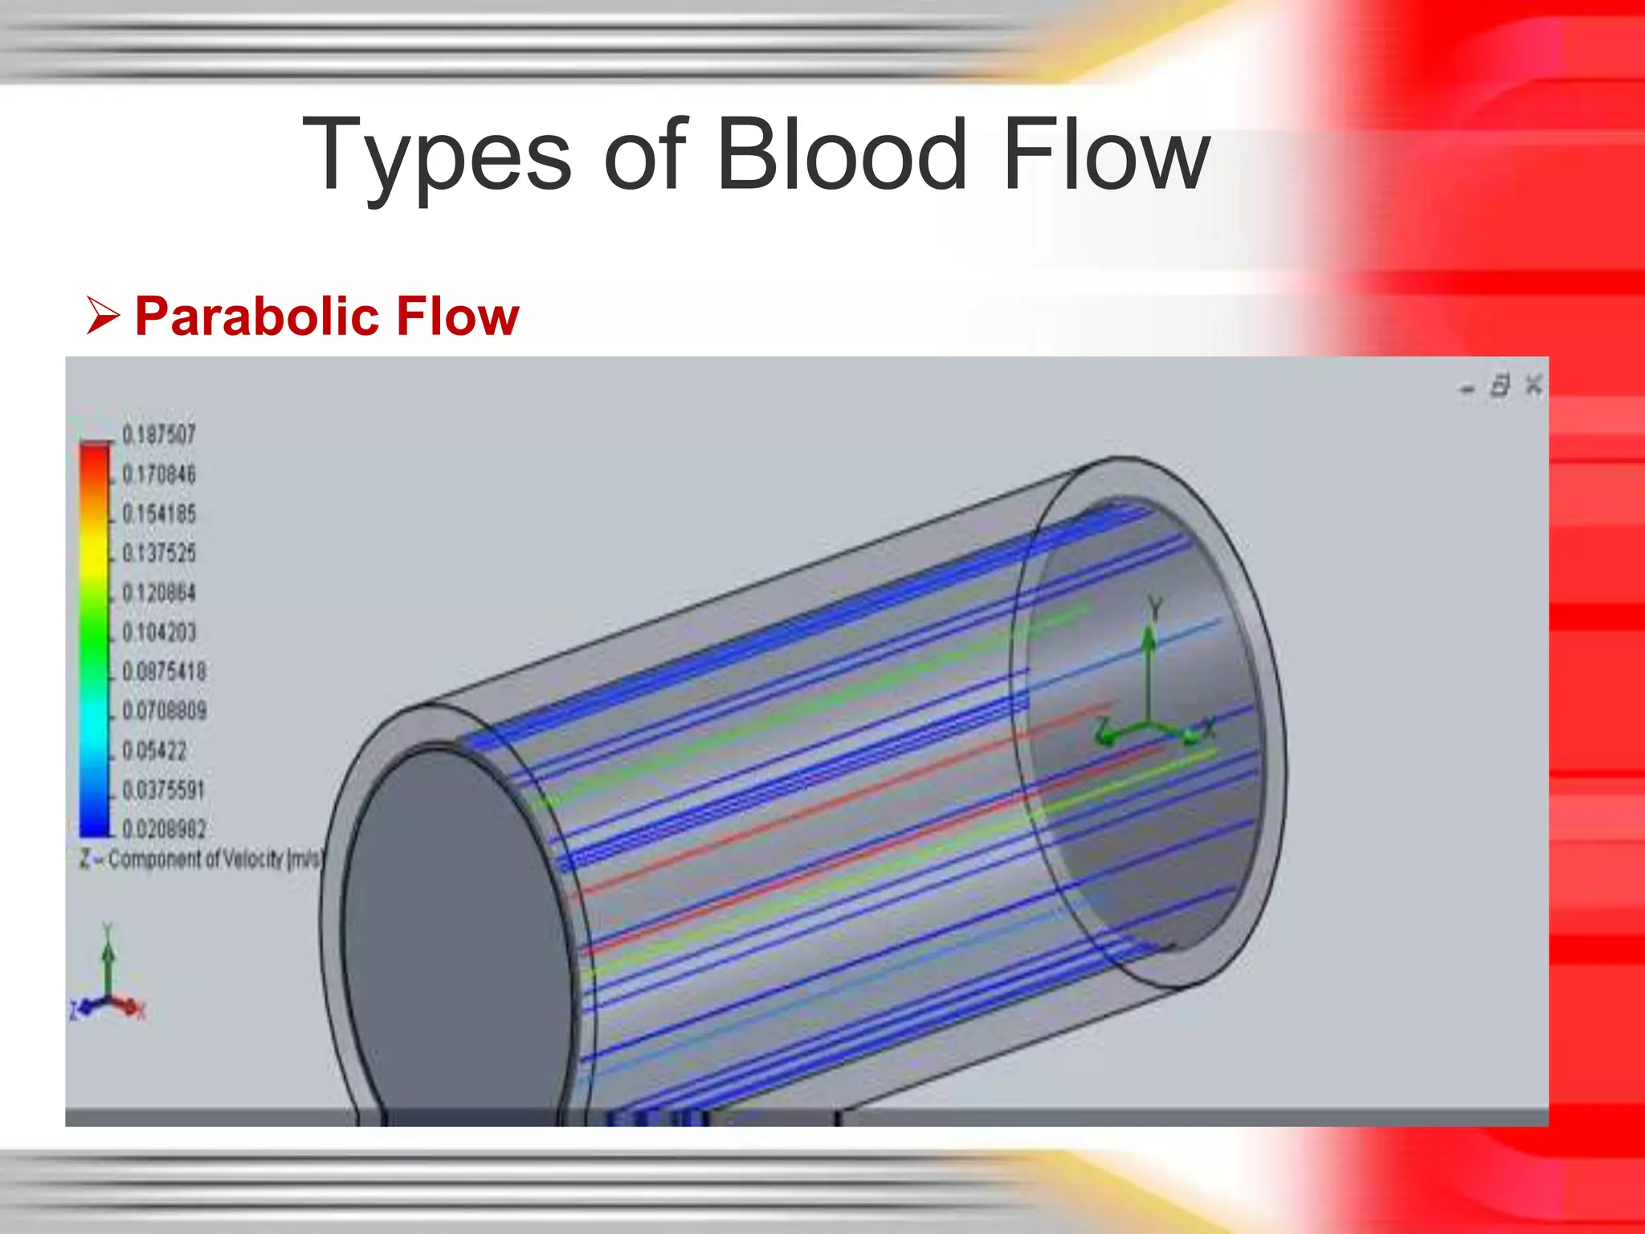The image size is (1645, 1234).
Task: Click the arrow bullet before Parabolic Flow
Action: click(103, 315)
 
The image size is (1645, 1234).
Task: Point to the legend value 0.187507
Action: click(159, 435)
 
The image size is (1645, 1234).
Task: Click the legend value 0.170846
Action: click(159, 474)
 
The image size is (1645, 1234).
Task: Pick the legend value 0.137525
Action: click(159, 553)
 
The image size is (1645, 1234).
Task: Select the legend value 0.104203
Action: click(159, 632)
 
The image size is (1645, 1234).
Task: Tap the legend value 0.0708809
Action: click(164, 711)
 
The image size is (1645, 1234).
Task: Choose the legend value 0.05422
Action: click(154, 750)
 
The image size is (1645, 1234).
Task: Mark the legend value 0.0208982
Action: click(164, 828)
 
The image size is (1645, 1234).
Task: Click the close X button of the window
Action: click(1533, 385)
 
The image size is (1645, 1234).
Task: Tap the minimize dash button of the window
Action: click(1467, 390)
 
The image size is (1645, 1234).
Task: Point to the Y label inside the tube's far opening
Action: click(1155, 607)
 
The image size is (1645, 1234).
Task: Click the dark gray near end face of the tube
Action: click(454, 924)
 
